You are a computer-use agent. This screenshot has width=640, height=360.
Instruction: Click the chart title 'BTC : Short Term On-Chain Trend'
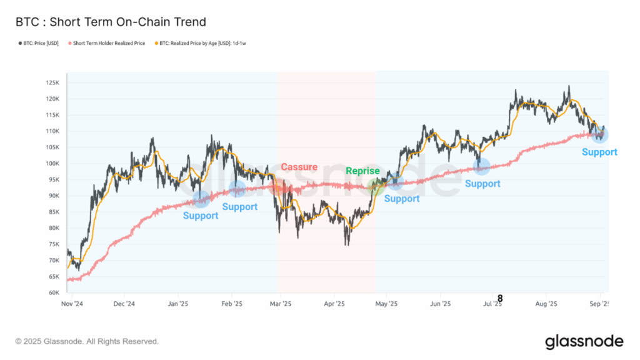(x=111, y=22)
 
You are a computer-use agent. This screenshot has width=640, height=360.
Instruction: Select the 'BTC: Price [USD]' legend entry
(x=38, y=43)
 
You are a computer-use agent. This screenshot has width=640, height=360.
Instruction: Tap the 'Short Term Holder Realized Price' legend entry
(x=106, y=43)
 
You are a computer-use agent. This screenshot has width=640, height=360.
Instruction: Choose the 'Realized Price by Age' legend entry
(x=201, y=43)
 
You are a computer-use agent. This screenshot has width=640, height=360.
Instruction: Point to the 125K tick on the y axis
(x=52, y=83)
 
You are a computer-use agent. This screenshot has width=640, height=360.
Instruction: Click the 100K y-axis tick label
(x=52, y=164)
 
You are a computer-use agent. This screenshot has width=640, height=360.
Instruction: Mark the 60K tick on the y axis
(x=54, y=292)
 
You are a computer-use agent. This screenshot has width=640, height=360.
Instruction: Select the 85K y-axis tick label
(x=54, y=212)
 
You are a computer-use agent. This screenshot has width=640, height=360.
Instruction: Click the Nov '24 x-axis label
(x=72, y=304)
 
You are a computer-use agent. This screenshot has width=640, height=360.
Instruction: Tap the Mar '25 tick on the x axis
(x=281, y=304)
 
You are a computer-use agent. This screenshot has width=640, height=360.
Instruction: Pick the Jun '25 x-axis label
(x=441, y=304)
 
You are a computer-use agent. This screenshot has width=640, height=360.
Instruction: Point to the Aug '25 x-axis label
(x=546, y=304)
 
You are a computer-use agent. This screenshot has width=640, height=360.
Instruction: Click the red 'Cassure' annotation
(x=299, y=167)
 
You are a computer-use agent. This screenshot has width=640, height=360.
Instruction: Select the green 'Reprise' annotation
(x=363, y=171)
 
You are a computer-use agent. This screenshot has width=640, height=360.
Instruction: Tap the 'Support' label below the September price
(x=599, y=152)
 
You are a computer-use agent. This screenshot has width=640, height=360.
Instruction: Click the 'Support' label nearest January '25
(x=201, y=216)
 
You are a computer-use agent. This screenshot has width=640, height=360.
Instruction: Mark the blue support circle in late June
(x=481, y=166)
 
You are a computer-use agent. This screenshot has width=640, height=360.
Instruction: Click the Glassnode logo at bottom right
(x=584, y=342)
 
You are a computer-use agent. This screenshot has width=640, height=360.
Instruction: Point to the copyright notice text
(x=87, y=341)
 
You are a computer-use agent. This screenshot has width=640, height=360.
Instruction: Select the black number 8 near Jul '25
(x=500, y=299)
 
